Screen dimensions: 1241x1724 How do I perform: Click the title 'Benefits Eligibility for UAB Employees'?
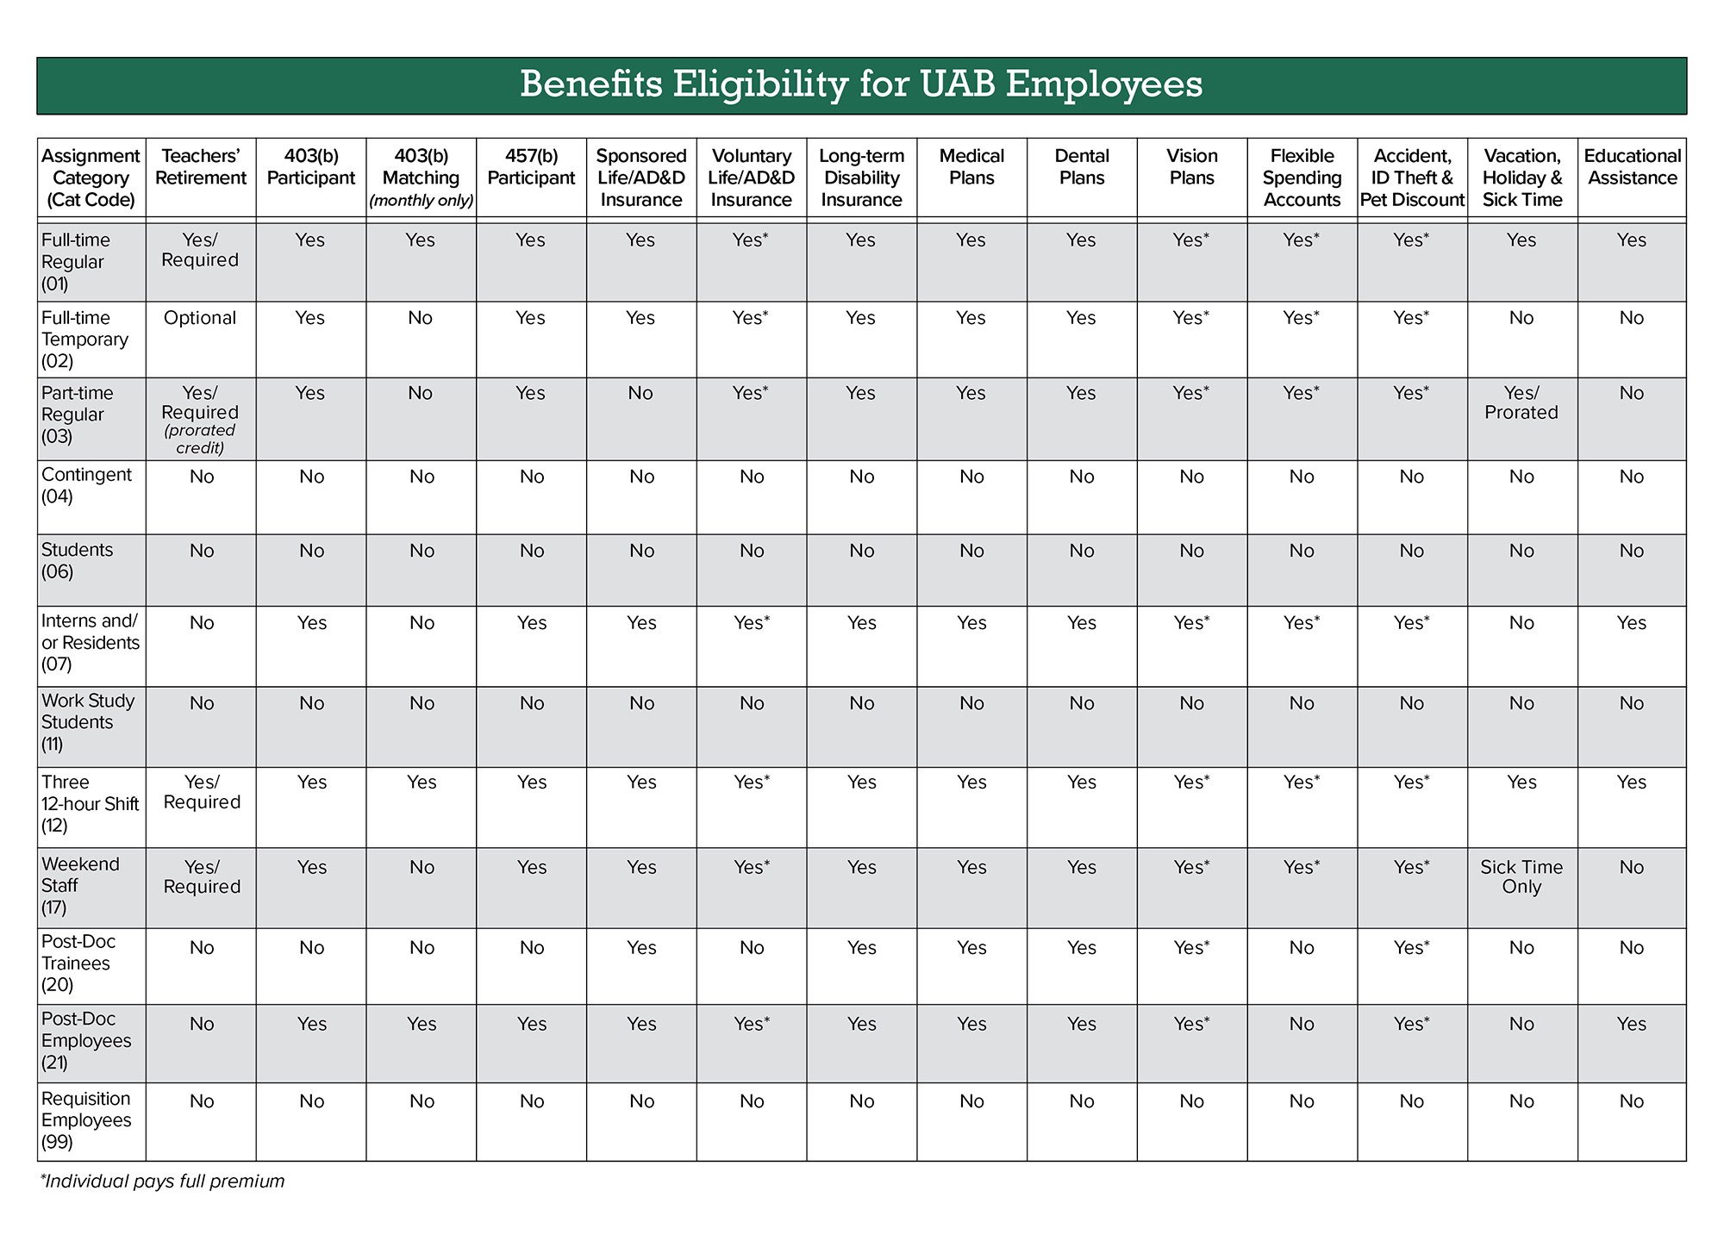click(861, 84)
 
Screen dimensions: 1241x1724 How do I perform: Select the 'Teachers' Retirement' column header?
click(201, 167)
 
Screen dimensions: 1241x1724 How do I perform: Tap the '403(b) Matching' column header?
click(421, 178)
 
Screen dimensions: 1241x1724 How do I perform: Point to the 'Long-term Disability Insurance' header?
click(861, 178)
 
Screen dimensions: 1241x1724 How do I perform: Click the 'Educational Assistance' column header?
click(1632, 167)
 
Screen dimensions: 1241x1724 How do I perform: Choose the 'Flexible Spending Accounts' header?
click(1302, 178)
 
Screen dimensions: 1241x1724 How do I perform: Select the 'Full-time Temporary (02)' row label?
click(84, 340)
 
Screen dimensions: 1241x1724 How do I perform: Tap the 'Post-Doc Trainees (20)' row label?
click(78, 963)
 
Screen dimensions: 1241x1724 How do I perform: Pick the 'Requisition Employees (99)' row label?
click(86, 1120)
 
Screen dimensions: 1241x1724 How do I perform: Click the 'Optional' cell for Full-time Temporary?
click(200, 318)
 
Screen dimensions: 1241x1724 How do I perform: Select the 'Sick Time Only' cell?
click(1521, 877)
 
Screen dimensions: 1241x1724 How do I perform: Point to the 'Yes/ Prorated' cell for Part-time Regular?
click(1521, 402)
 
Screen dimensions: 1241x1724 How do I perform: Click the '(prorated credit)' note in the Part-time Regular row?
click(200, 439)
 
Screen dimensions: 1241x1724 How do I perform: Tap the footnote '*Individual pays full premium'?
click(162, 1182)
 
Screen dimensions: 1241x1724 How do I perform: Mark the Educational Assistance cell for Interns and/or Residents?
click(1632, 623)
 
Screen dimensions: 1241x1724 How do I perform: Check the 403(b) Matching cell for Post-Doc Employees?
click(422, 1024)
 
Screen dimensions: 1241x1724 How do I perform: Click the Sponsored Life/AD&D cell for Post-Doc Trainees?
click(641, 948)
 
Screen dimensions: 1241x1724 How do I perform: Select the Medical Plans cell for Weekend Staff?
click(971, 867)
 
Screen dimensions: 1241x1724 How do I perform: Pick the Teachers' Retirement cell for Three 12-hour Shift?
click(202, 792)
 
